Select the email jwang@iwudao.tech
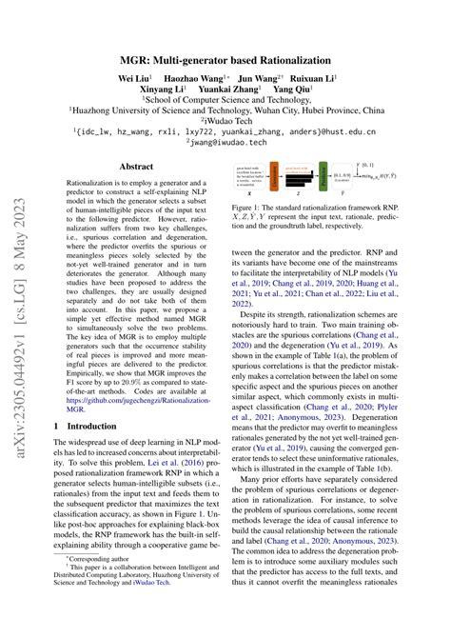coord(225,144)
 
